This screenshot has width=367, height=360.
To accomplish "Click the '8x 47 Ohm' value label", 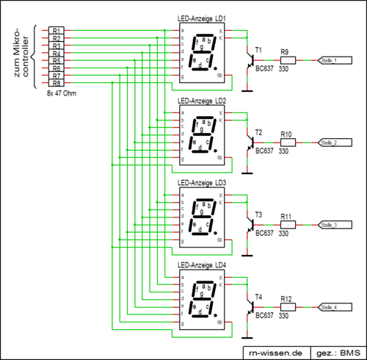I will pyautogui.click(x=60, y=94).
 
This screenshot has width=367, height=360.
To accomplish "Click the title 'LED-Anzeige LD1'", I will pyautogui.click(x=203, y=18).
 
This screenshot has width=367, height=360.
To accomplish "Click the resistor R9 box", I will pyautogui.click(x=288, y=60).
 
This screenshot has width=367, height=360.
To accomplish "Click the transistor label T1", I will pyautogui.click(x=258, y=50).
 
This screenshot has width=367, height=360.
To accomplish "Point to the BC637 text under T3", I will pyautogui.click(x=264, y=232).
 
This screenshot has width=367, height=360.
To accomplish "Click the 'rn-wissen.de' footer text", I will pyautogui.click(x=275, y=351).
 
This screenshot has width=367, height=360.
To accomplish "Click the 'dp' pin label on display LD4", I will pyautogui.click(x=220, y=322).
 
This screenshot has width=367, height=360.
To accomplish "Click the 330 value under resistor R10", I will pyautogui.click(x=284, y=151).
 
